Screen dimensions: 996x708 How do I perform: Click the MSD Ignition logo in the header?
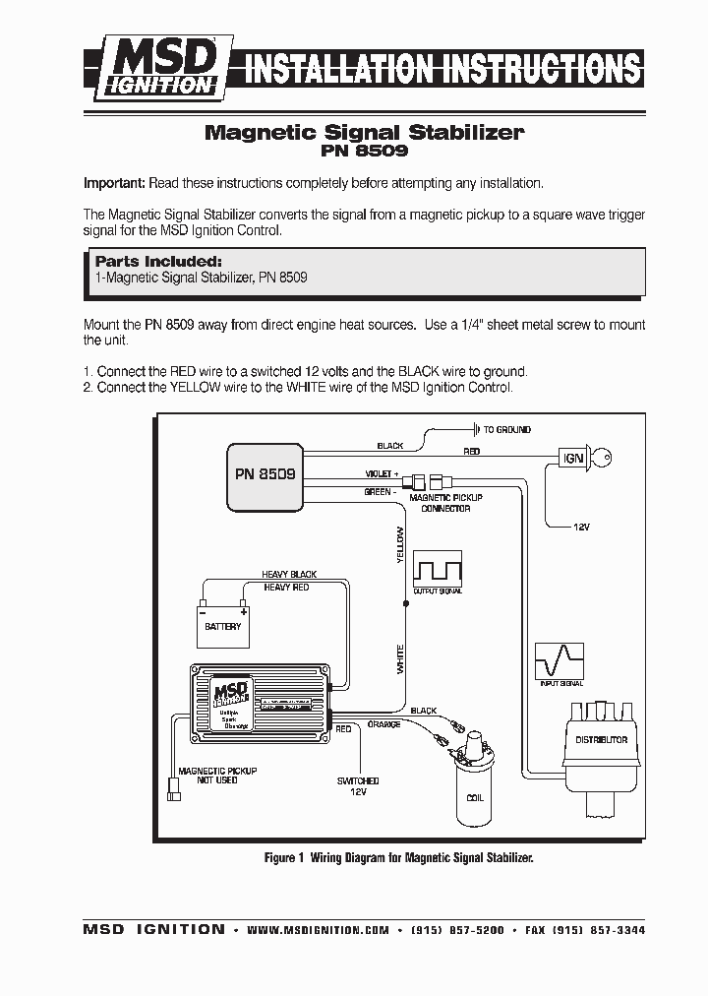(x=163, y=67)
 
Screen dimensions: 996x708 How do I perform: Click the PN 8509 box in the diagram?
(x=265, y=475)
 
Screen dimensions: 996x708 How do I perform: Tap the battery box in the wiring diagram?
(x=222, y=626)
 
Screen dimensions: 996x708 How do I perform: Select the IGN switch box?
(x=572, y=458)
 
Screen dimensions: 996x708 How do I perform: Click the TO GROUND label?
(x=506, y=430)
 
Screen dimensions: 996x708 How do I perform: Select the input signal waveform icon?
(x=559, y=659)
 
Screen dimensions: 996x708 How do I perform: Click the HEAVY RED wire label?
(x=286, y=588)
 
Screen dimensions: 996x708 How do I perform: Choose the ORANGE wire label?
(x=383, y=723)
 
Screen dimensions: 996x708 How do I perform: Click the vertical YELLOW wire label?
(x=399, y=544)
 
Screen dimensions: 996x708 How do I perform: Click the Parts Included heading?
(x=157, y=262)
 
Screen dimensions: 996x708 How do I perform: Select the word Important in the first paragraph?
(x=114, y=184)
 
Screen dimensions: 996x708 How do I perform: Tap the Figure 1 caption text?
(x=398, y=858)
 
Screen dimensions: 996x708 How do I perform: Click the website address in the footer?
(x=318, y=930)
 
